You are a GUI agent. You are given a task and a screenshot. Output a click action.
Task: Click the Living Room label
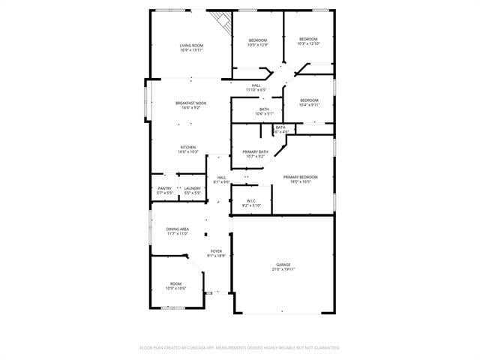(x=191, y=48)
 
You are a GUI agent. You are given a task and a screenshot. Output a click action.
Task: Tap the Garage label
(x=283, y=267)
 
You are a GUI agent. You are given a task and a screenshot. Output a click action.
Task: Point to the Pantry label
(x=165, y=190)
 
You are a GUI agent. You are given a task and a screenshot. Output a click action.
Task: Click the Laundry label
(x=192, y=190)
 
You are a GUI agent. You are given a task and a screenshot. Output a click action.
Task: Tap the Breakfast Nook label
(x=191, y=105)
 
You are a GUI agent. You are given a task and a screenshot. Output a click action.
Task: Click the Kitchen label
(x=187, y=149)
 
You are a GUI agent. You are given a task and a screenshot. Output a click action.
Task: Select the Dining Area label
(x=178, y=231)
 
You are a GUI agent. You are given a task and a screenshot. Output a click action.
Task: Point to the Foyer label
(x=216, y=253)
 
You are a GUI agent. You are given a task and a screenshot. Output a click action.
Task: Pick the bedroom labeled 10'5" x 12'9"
(x=258, y=43)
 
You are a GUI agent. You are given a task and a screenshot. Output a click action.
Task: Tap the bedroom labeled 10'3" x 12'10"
(x=308, y=41)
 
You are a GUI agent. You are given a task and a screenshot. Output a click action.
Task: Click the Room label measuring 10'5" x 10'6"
(x=175, y=286)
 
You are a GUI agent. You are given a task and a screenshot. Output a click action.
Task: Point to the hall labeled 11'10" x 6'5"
(x=256, y=87)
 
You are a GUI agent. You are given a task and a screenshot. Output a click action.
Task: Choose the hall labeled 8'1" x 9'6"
(x=221, y=179)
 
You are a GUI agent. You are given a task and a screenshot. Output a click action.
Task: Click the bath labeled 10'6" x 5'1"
(x=264, y=112)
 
